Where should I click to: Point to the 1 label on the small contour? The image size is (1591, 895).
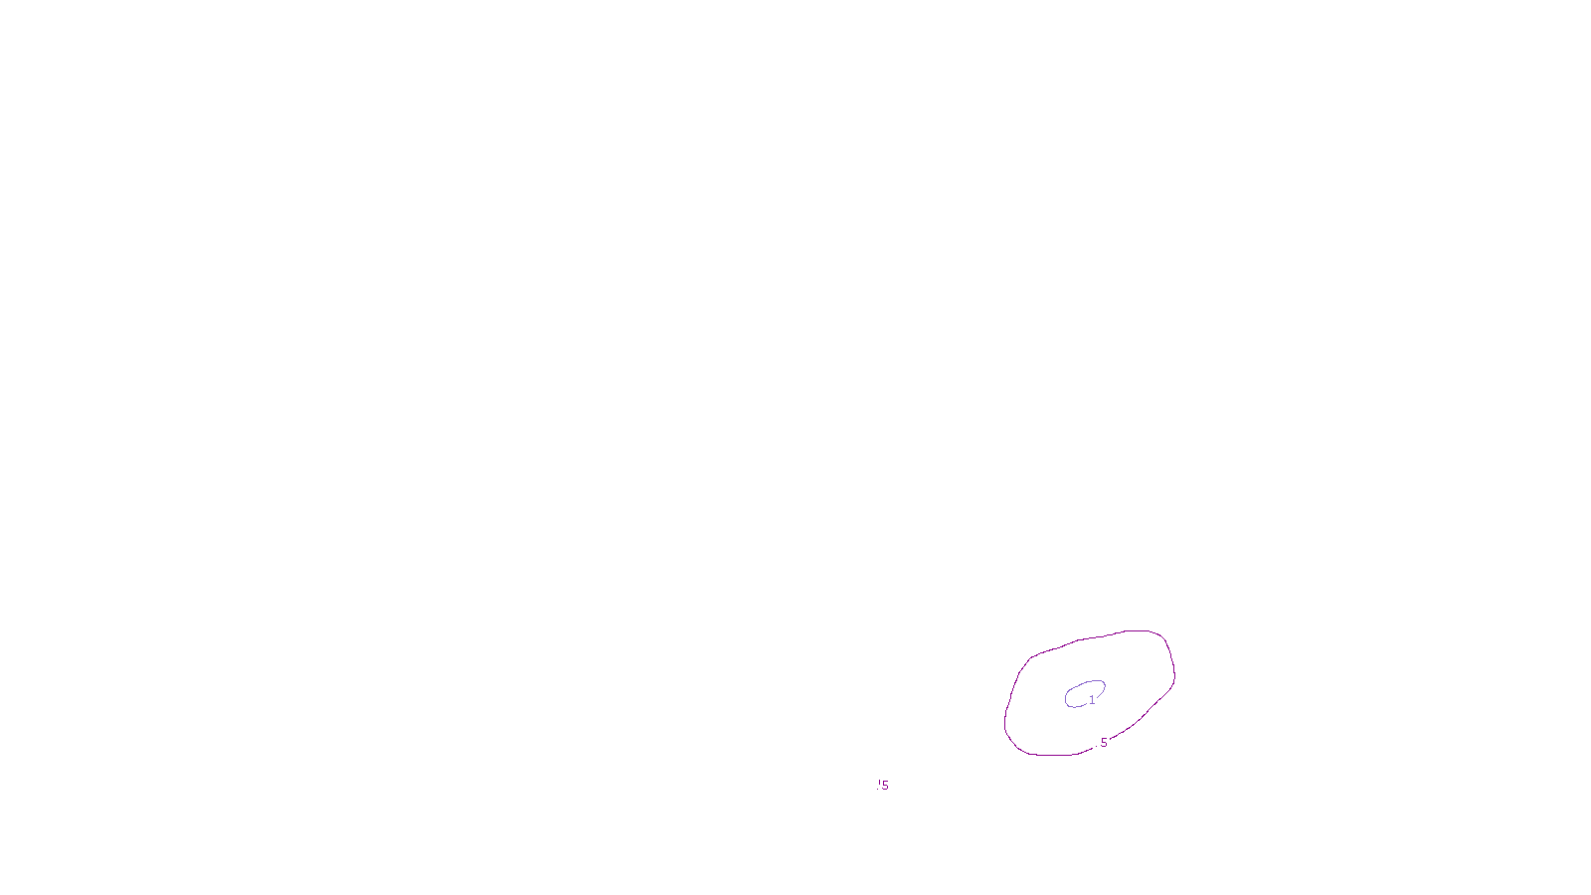pos(1092,700)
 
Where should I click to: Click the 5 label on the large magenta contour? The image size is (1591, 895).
pos(1103,743)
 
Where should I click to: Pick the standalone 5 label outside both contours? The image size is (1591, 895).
pos(885,786)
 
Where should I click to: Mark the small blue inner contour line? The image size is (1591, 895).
pos(1084,682)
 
